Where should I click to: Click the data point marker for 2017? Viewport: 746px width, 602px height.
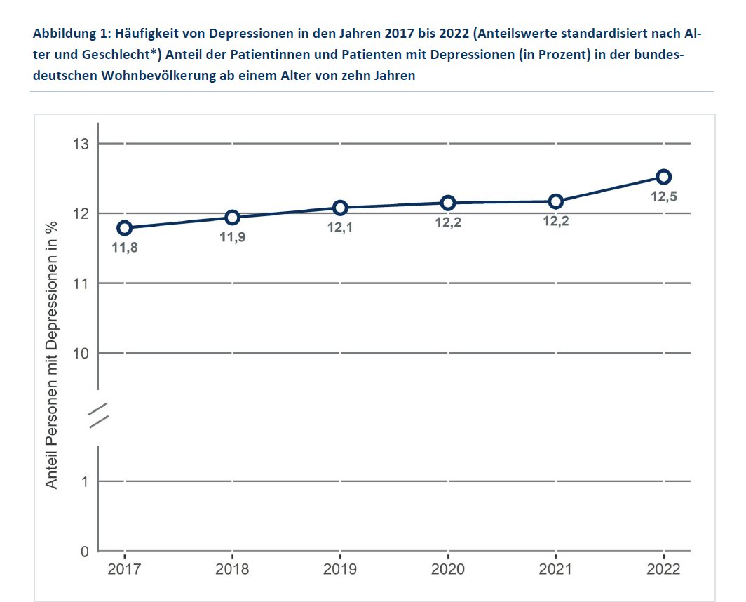click(x=125, y=227)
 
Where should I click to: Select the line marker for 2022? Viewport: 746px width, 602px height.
click(x=664, y=177)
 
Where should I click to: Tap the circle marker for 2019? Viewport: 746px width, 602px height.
click(x=340, y=208)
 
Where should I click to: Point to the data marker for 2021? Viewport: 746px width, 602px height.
click(x=556, y=201)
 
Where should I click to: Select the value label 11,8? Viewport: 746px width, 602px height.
click(x=125, y=248)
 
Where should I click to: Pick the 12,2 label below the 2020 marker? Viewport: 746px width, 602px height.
click(x=448, y=223)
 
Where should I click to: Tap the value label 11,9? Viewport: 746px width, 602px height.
click(x=233, y=237)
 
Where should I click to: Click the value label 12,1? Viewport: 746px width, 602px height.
click(x=340, y=228)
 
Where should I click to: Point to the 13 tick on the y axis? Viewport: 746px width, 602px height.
click(x=81, y=144)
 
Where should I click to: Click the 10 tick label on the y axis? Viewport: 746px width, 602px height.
click(x=81, y=353)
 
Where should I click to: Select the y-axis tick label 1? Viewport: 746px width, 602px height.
click(x=85, y=481)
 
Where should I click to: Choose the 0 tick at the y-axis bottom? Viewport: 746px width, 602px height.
click(x=85, y=551)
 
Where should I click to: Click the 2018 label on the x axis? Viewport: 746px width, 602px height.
click(x=233, y=569)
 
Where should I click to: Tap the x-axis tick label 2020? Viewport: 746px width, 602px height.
click(x=448, y=569)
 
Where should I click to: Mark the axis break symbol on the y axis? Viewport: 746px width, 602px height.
click(x=98, y=415)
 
